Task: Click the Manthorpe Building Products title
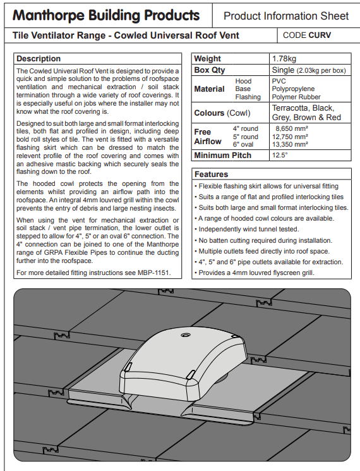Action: click(106, 15)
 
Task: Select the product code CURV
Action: click(320, 35)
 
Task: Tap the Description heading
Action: click(39, 59)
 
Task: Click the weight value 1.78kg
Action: click(284, 59)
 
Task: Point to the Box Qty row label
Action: click(210, 70)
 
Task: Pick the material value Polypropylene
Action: click(293, 89)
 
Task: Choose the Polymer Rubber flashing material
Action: click(296, 97)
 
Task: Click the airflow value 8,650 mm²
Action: click(292, 128)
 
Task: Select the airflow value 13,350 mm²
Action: click(290, 145)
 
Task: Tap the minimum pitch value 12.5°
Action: click(280, 156)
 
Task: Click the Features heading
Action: click(211, 174)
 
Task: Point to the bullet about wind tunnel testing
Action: click(246, 229)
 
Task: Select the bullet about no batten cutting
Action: click(263, 240)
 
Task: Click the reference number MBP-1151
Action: click(153, 272)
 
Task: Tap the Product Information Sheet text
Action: click(286, 16)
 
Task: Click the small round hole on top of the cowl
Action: click(184, 335)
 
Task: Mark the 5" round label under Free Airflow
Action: click(245, 137)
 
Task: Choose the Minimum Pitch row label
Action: click(222, 156)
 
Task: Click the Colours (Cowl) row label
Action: click(222, 113)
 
